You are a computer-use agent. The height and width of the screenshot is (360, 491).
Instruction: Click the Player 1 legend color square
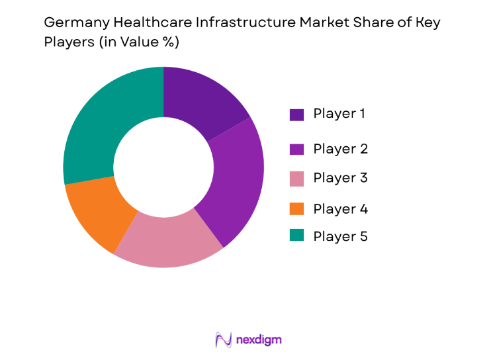pyautogui.click(x=296, y=114)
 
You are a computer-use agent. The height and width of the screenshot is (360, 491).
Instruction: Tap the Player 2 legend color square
pyautogui.click(x=296, y=150)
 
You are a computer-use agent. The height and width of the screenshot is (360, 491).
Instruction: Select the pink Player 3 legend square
pyautogui.click(x=296, y=179)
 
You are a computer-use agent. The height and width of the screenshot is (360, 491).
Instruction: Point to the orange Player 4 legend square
pyautogui.click(x=296, y=210)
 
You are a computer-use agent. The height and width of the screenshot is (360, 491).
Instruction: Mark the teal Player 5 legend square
pyautogui.click(x=296, y=237)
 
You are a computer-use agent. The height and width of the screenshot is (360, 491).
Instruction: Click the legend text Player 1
pyautogui.click(x=340, y=114)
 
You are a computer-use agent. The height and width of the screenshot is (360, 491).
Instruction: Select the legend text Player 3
pyautogui.click(x=340, y=178)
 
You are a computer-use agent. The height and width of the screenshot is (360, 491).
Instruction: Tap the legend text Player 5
pyautogui.click(x=340, y=237)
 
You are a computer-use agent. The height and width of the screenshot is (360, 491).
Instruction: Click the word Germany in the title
pyautogui.click(x=72, y=23)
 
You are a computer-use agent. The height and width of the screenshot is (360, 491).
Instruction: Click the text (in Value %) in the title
pyautogui.click(x=136, y=42)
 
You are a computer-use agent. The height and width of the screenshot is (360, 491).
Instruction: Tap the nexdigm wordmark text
pyautogui.click(x=259, y=339)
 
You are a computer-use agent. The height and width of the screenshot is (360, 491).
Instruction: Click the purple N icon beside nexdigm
pyautogui.click(x=223, y=339)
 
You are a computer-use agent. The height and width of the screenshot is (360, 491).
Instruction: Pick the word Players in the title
pyautogui.click(x=66, y=42)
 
